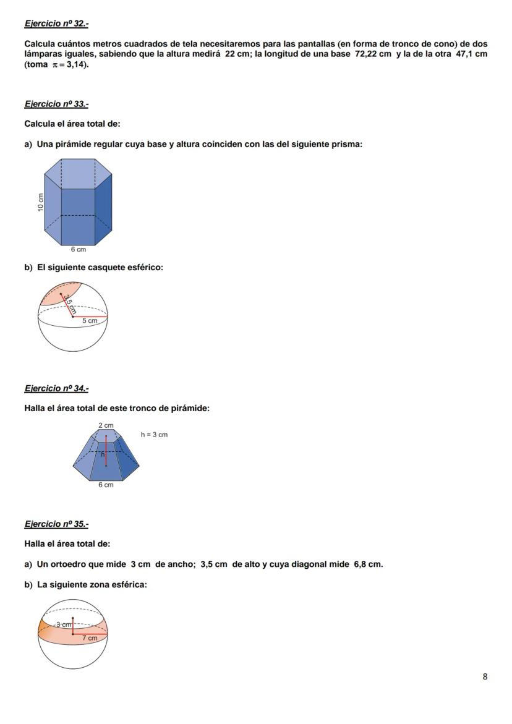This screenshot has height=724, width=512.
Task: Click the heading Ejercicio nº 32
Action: tap(56, 23)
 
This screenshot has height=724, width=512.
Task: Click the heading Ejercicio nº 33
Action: tap(56, 104)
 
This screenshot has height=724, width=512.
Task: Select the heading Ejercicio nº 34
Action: tap(56, 388)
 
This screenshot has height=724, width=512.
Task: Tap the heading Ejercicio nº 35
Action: tap(56, 524)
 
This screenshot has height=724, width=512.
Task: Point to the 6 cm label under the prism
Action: tap(78, 250)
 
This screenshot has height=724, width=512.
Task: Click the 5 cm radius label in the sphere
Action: tap(90, 321)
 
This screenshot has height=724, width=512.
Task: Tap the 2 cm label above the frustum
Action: tap(106, 425)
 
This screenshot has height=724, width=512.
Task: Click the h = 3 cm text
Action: tap(154, 435)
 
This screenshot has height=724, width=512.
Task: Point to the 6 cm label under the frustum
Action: tap(106, 485)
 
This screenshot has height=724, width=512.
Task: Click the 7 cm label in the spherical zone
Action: tap(90, 637)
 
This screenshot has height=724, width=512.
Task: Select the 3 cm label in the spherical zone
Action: tap(63, 624)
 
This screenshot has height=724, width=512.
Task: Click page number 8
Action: tap(485, 676)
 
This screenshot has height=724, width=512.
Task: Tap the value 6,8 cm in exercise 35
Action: tap(368, 564)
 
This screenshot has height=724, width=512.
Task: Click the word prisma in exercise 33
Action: tap(348, 144)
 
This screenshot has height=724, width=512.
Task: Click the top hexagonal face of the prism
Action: tap(78, 173)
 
